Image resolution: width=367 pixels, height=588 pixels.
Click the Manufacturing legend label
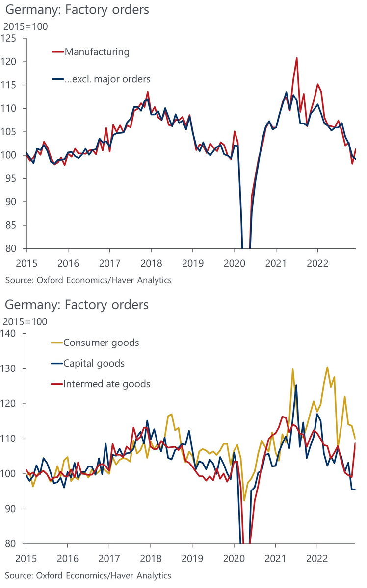pyautogui.click(x=97, y=51)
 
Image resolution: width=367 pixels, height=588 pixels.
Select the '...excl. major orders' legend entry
pyautogui.click(x=107, y=78)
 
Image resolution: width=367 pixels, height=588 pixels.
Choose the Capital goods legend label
pyautogui.click(x=94, y=363)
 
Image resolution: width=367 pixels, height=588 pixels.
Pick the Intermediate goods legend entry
pyautogui.click(x=106, y=383)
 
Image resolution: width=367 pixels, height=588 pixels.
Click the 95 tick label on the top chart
pyautogui.click(x=12, y=179)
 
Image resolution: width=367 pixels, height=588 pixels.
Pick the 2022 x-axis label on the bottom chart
pyautogui.click(x=317, y=558)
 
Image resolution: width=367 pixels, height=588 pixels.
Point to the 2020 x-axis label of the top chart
pyautogui.click(x=234, y=263)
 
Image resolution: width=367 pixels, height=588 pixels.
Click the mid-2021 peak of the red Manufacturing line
pyautogui.click(x=297, y=58)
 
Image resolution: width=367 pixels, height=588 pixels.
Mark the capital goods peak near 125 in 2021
pyautogui.click(x=296, y=385)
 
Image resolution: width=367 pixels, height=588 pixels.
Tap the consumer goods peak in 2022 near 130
pyautogui.click(x=327, y=367)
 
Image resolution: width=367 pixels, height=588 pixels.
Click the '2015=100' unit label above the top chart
pyautogui.click(x=26, y=27)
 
